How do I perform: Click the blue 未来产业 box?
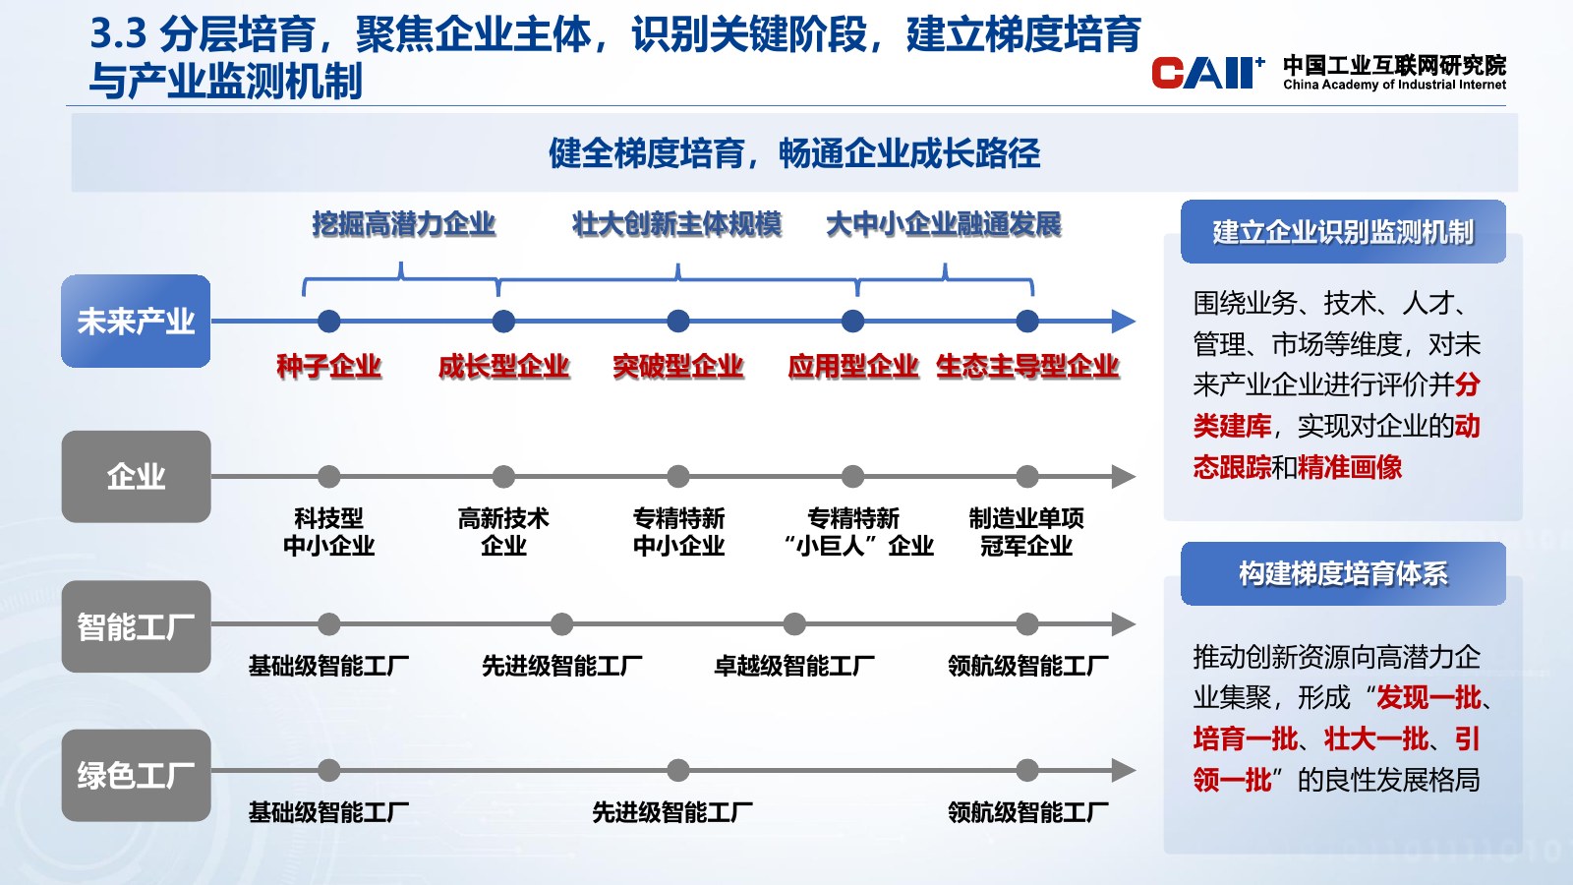tap(136, 321)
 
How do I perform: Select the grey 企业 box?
tap(136, 476)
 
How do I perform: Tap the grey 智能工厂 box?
tap(136, 625)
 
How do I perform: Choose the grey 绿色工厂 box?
tap(136, 776)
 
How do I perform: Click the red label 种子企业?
tap(328, 366)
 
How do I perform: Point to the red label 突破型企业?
tap(677, 366)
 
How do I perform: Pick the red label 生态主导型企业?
tap(1027, 366)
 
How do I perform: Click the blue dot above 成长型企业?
tap(503, 321)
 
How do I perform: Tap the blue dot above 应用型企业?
tap(852, 321)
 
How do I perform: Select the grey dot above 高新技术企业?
tap(503, 476)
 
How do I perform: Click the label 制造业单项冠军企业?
tap(1026, 532)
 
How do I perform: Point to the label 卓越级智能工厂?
tap(794, 665)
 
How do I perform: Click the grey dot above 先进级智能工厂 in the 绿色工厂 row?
tap(677, 770)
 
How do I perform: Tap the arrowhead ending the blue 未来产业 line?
tap(1124, 321)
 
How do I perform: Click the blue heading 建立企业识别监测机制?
tap(1343, 232)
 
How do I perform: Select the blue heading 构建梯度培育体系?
tap(1343, 574)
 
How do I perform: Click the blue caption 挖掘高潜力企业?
tap(404, 224)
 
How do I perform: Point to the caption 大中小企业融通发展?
tap(943, 224)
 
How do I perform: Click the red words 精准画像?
tap(1350, 467)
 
